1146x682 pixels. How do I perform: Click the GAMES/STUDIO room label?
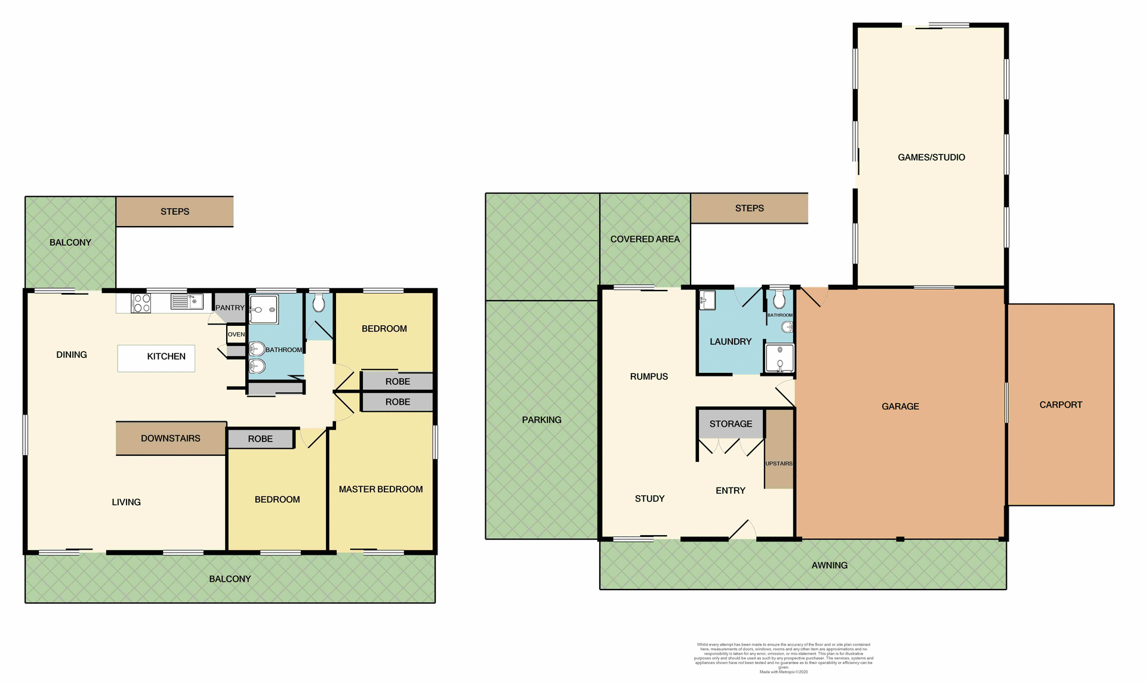(931, 158)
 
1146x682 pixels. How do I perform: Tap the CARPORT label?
(1061, 405)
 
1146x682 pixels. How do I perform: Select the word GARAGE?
(900, 406)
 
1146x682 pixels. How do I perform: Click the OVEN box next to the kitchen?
(236, 334)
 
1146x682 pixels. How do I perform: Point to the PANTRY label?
(230, 307)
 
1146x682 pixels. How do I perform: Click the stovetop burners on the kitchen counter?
(141, 303)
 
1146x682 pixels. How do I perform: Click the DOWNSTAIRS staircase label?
(171, 438)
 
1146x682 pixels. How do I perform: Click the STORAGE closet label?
(731, 424)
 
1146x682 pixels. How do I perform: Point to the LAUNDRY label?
(731, 341)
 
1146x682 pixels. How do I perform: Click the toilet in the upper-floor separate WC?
(319, 303)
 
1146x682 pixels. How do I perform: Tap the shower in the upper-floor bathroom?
(264, 310)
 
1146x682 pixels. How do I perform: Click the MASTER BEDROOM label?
(381, 489)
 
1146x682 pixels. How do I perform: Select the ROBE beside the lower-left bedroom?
(260, 439)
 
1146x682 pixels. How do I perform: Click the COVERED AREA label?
(645, 239)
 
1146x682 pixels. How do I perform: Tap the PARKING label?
(541, 420)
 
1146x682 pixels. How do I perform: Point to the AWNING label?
(829, 565)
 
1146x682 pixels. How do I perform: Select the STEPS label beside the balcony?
(175, 212)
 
